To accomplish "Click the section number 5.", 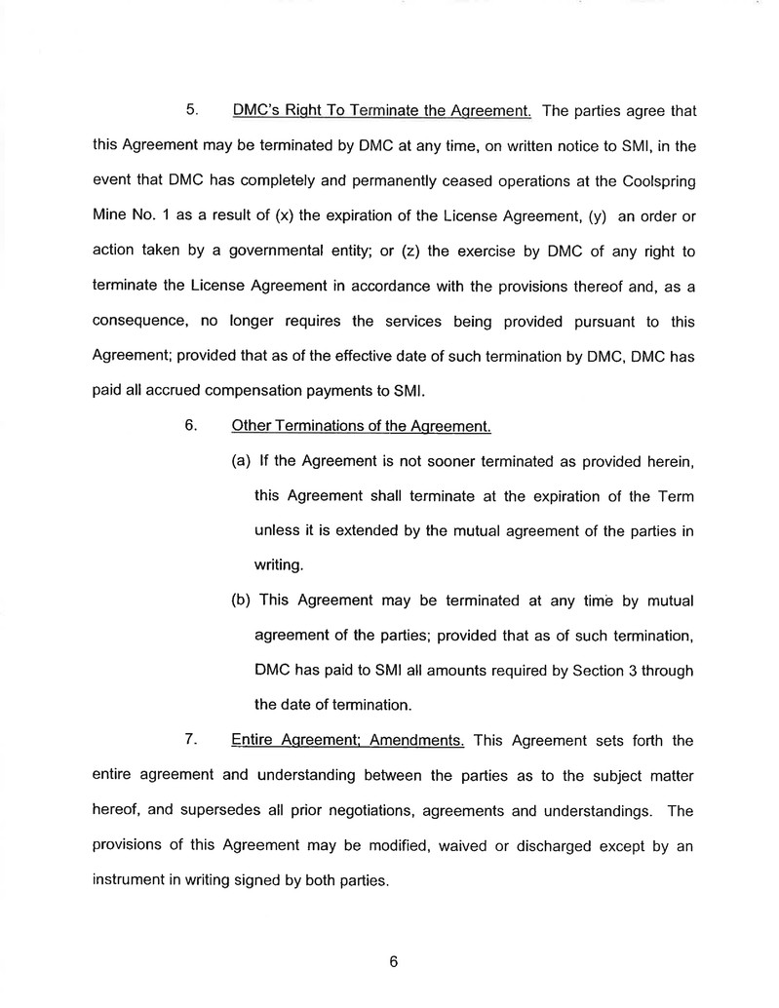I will (192, 110).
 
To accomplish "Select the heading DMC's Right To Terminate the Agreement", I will (381, 110).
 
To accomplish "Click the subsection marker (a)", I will (240, 461).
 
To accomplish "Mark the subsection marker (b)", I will (240, 600).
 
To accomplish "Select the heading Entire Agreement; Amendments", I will (347, 740).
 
